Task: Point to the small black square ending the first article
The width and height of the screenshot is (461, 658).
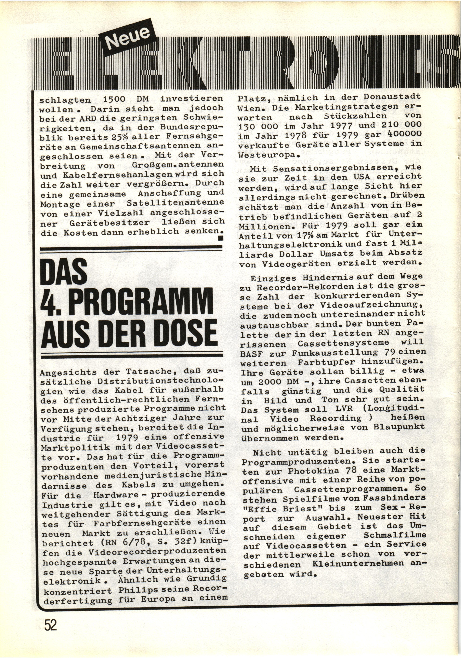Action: pyautogui.click(x=220, y=238)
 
